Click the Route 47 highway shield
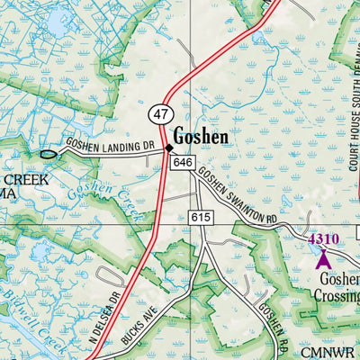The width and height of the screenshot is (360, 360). coord(160,114)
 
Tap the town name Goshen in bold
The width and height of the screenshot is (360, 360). coord(201,137)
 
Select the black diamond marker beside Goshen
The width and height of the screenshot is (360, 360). coord(168,148)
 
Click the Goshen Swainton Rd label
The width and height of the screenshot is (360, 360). coord(238,195)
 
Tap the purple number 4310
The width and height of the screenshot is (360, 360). coord(322,239)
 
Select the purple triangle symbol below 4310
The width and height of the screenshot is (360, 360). coord(323,259)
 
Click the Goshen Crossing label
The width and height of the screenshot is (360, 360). coord(338,287)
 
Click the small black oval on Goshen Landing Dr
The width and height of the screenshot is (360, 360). coord(49,154)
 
